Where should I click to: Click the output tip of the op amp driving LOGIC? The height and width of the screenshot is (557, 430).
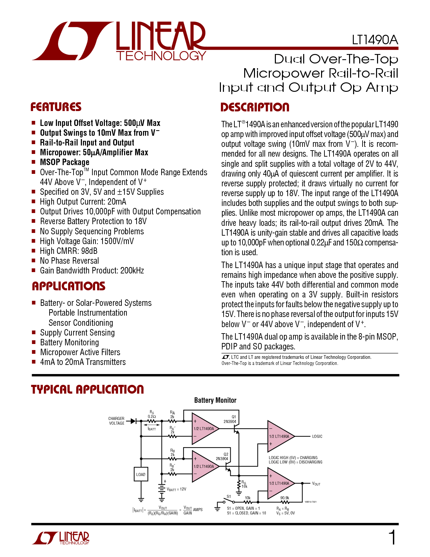(295, 436)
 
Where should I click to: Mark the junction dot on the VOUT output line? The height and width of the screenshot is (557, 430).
(302, 483)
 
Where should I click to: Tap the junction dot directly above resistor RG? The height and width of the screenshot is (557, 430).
(239, 475)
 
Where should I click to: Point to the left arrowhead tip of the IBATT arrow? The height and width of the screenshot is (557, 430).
(147, 424)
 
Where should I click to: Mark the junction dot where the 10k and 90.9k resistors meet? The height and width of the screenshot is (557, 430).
(258, 502)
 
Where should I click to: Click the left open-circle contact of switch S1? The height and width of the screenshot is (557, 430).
(224, 502)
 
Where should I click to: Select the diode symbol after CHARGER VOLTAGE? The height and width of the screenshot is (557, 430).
(133, 421)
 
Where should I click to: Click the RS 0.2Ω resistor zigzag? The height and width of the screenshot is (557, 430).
(152, 421)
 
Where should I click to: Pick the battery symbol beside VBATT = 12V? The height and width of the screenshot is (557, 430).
(162, 489)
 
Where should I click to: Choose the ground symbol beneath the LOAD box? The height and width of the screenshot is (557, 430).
(141, 500)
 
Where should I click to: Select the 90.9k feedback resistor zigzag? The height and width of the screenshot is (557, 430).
(285, 502)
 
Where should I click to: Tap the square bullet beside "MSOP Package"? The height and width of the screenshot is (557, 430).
(33, 162)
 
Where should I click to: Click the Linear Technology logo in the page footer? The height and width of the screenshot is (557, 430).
(61, 538)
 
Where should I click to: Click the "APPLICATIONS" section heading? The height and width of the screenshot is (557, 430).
(69, 286)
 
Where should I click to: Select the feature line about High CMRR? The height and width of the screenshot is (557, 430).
(69, 251)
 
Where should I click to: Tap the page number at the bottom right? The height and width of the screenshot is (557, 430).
(392, 537)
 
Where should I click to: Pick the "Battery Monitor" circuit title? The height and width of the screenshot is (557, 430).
(215, 400)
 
